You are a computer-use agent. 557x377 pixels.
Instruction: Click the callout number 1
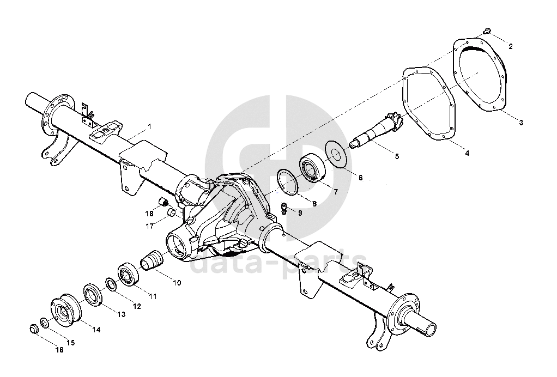tap(149, 126)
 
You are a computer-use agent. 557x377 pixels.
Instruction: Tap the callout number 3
tap(521, 123)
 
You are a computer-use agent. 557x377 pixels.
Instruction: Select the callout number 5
tap(396, 156)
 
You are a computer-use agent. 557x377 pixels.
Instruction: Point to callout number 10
tap(177, 283)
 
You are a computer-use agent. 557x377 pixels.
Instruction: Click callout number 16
tap(59, 350)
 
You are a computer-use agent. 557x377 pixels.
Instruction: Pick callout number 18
tap(149, 213)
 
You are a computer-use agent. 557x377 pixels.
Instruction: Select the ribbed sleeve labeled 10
tap(153, 259)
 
